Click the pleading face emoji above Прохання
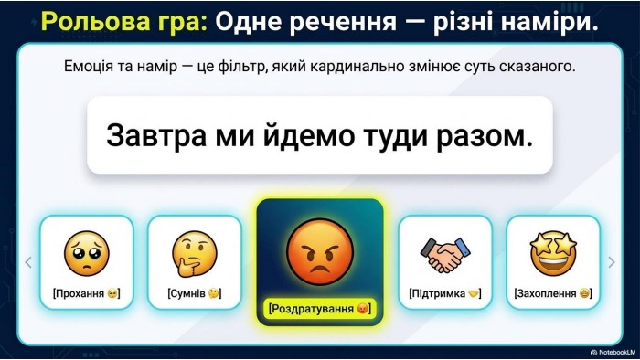click(87, 253)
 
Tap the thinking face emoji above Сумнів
click(194, 254)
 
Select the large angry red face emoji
click(320, 250)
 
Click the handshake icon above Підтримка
click(445, 255)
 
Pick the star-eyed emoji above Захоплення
click(553, 253)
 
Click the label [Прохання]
click(87, 293)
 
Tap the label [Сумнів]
click(194, 293)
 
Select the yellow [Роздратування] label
click(320, 308)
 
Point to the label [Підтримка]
click(445, 293)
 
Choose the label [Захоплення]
click(553, 293)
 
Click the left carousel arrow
click(28, 262)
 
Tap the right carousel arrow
click(612, 262)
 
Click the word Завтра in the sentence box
click(156, 136)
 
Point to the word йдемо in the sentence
click(309, 135)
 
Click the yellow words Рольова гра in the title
click(124, 22)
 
